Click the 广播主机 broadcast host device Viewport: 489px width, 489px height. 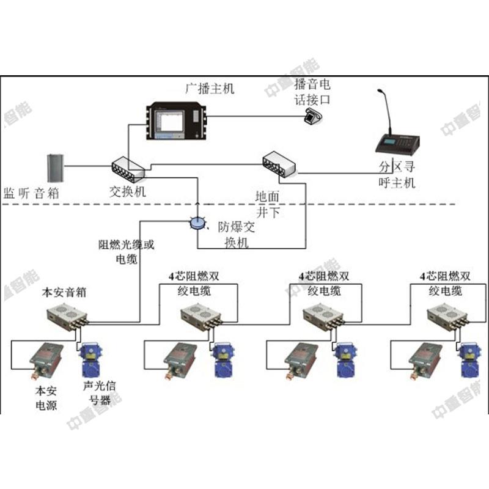pyautogui.click(x=177, y=121)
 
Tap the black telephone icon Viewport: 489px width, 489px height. pyautogui.click(x=314, y=117)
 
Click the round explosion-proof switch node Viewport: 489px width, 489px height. pyautogui.click(x=198, y=223)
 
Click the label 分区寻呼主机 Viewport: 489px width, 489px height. pyautogui.click(x=397, y=174)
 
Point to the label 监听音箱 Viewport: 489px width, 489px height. pyautogui.click(x=31, y=194)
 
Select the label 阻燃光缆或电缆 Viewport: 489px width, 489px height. pyautogui.click(x=127, y=251)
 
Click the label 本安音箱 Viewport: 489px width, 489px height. pyautogui.click(x=63, y=292)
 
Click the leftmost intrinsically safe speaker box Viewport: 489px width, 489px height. pyautogui.click(x=68, y=318)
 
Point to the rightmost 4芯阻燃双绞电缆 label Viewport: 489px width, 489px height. pyautogui.click(x=444, y=283)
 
